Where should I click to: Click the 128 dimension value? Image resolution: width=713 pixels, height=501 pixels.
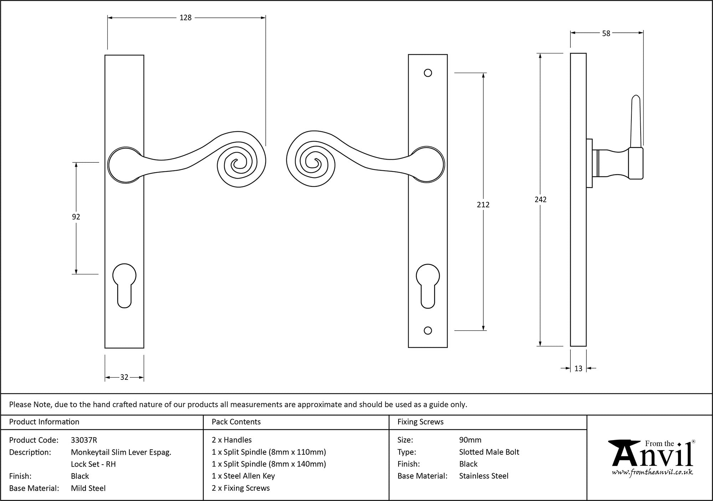tap(185, 17)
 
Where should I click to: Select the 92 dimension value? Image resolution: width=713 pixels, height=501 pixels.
tap(76, 217)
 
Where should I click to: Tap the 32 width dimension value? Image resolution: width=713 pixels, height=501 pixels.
tap(124, 377)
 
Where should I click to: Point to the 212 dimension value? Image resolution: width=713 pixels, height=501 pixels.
tap(483, 205)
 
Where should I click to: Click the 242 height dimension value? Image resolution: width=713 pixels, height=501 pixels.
tap(540, 200)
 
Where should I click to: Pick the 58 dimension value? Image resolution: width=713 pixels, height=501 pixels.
tap(606, 33)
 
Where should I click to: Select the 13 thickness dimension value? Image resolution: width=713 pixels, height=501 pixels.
tap(578, 368)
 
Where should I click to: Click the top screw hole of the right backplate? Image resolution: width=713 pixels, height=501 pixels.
tap(428, 73)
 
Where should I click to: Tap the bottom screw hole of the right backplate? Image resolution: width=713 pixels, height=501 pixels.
tap(428, 331)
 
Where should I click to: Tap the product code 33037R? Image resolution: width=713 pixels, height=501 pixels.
tap(84, 440)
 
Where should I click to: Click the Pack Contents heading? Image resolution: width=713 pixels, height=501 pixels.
tap(236, 422)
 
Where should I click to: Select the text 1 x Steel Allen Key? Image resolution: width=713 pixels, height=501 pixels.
tap(243, 476)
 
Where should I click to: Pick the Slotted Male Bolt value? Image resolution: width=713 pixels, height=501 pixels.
tap(489, 452)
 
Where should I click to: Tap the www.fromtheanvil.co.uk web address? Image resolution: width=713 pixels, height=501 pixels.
tap(652, 472)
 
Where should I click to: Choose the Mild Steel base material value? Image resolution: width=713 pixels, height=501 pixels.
tap(88, 488)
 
